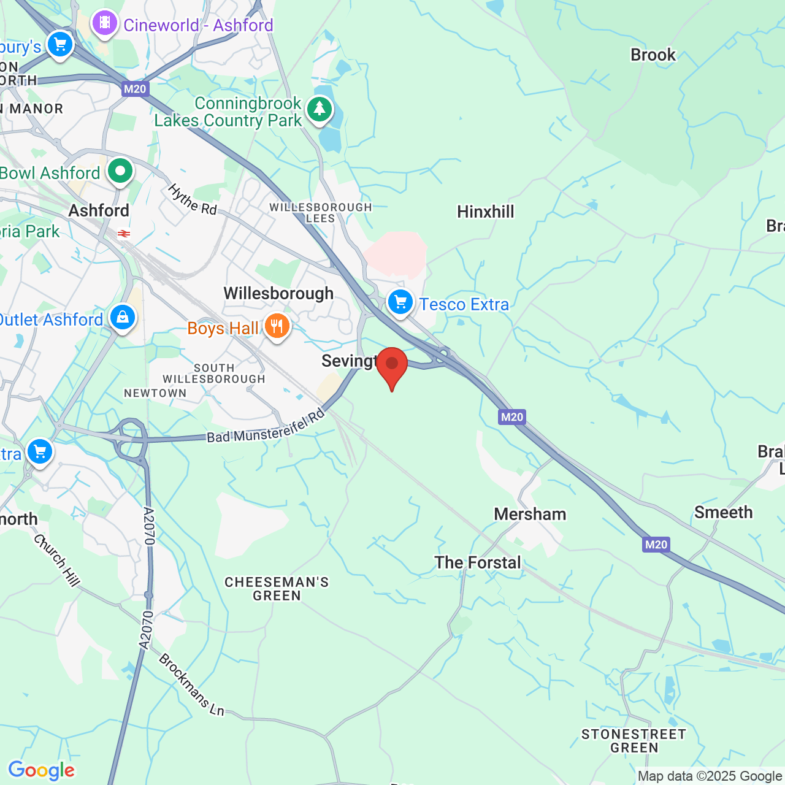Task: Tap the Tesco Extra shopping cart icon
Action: pos(400,302)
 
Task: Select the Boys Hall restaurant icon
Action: pos(277,327)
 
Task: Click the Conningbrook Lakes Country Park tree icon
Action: pos(319,110)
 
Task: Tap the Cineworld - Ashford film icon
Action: pos(105,23)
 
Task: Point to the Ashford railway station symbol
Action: pos(124,234)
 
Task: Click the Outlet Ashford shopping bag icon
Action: pos(123,318)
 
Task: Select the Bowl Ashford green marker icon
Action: pos(120,171)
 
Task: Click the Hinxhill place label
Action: pos(486,212)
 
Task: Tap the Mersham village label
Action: pos(530,514)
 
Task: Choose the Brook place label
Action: pos(653,55)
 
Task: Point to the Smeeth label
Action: pos(723,512)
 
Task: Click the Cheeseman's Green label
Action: pos(277,589)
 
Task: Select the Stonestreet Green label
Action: pos(634,741)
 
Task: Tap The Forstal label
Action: pos(478,562)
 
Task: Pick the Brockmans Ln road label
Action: pos(191,685)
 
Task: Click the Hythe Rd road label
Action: pos(193,199)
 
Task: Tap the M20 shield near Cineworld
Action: pos(135,89)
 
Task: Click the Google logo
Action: pos(42,770)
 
